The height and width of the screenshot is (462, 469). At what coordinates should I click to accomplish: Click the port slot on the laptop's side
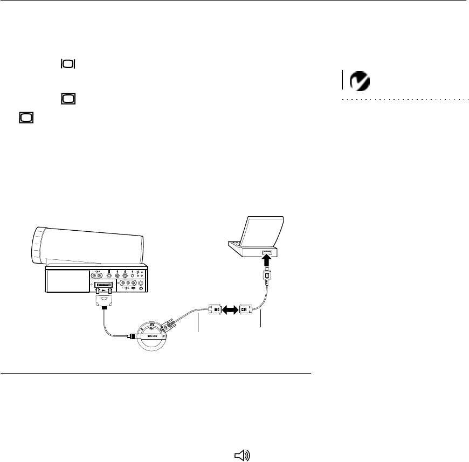268,253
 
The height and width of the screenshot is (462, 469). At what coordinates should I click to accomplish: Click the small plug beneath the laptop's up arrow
268,279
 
